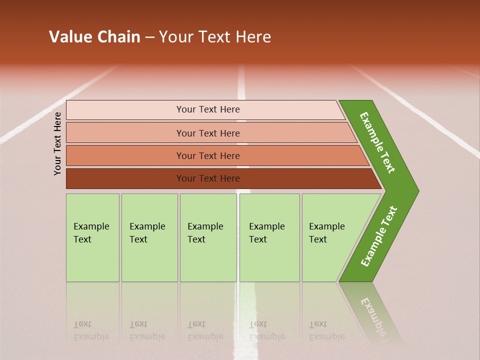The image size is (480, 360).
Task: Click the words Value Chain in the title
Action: click(94, 37)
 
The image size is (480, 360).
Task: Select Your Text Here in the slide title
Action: click(215, 37)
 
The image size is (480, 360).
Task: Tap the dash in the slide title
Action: click(149, 37)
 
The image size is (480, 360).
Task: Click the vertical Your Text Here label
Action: click(57, 143)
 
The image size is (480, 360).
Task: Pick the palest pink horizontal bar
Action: click(207, 109)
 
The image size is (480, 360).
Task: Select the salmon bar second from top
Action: click(207, 133)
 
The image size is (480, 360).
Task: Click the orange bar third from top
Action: click(207, 155)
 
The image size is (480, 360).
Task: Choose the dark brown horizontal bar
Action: click(207, 178)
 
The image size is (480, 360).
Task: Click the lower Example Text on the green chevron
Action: click(379, 236)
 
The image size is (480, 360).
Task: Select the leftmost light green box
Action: click(92, 237)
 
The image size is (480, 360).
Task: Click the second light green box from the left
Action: click(149, 237)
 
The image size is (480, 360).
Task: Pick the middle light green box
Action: click(208, 237)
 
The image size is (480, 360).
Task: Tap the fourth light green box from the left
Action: click(269, 237)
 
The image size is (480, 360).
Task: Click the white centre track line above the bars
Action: click(242, 82)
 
